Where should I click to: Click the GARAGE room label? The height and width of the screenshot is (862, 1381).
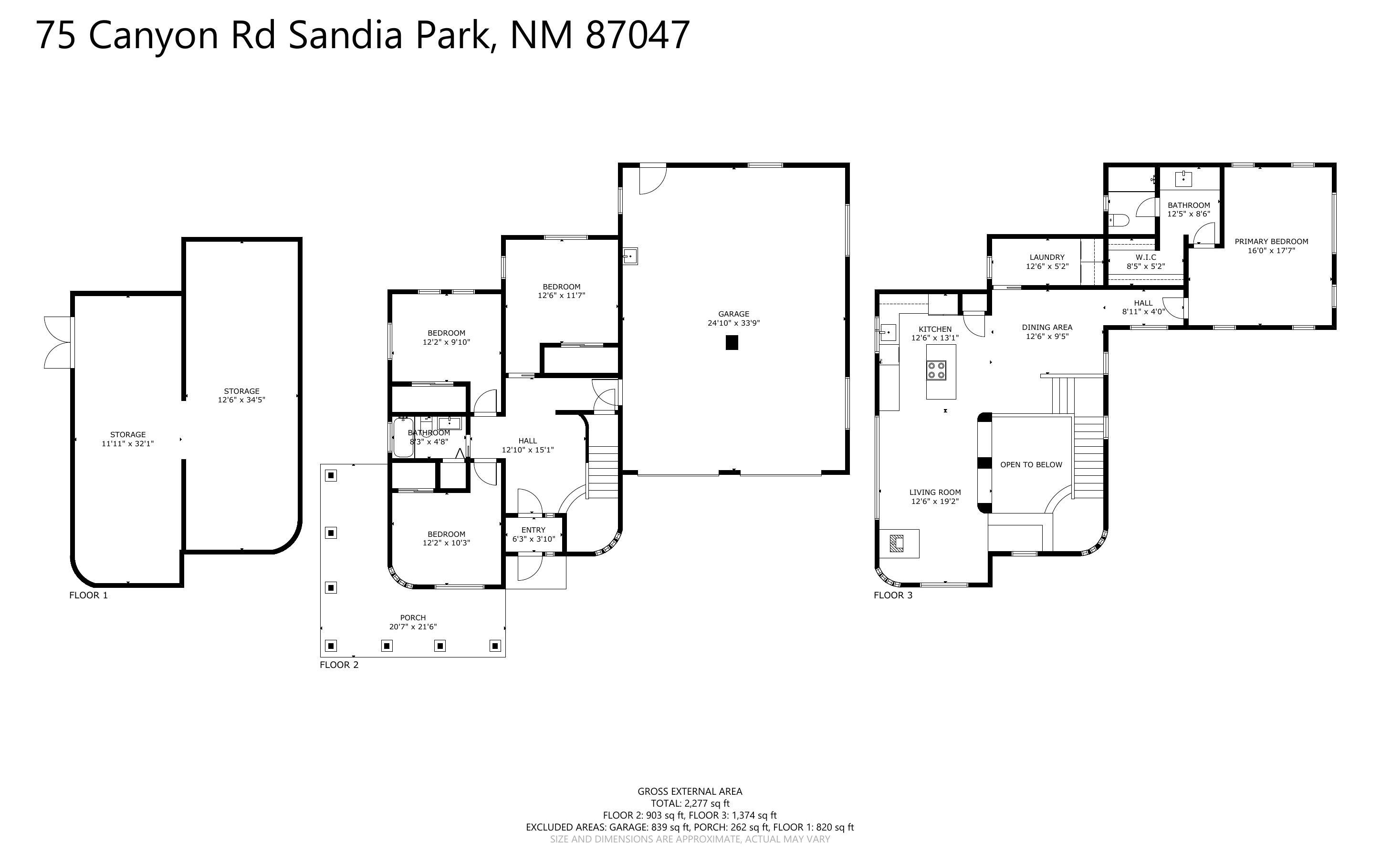click(x=733, y=314)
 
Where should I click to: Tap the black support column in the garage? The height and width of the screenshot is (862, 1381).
click(x=732, y=343)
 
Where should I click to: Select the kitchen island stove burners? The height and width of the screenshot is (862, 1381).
click(x=937, y=370)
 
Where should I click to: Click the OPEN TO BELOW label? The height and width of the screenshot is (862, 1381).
click(x=1031, y=465)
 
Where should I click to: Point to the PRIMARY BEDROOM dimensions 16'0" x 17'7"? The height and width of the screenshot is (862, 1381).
click(x=1271, y=250)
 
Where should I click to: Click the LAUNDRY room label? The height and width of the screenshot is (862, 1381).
click(x=1047, y=257)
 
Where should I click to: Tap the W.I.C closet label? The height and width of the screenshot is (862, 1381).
click(x=1145, y=257)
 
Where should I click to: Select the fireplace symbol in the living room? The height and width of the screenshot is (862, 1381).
click(x=897, y=544)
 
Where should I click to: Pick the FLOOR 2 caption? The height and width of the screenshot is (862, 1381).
click(x=339, y=665)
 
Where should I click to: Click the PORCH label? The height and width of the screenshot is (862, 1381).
click(x=412, y=617)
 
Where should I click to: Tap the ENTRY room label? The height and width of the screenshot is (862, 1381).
click(x=534, y=530)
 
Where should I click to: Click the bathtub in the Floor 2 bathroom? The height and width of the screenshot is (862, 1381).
click(x=403, y=438)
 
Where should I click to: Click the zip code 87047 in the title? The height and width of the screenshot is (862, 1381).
click(x=637, y=35)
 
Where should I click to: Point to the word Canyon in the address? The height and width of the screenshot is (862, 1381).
click(x=153, y=35)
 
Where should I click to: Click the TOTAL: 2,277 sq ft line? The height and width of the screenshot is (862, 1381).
click(x=690, y=803)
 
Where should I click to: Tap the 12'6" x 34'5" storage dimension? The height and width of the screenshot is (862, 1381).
click(x=241, y=400)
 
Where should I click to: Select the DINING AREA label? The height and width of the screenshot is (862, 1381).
click(x=1047, y=327)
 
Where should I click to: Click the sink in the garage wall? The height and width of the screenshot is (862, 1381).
click(x=630, y=257)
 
